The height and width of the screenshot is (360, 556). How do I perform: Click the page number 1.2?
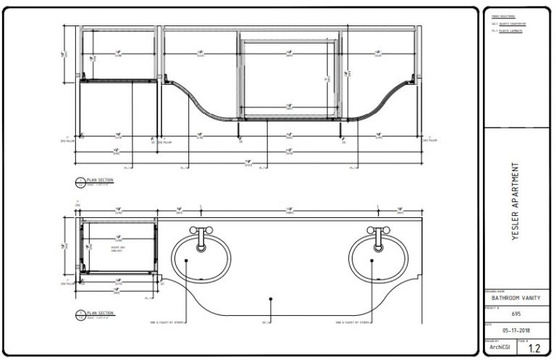534,348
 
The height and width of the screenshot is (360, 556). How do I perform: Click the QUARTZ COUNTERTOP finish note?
512,25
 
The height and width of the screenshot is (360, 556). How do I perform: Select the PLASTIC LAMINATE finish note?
510,31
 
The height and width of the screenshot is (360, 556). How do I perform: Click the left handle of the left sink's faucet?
192,230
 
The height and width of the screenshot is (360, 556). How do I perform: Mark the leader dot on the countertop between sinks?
270,298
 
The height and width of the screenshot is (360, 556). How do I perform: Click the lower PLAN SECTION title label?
100,312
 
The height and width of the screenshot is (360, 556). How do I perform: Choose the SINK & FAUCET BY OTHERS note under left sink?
164,322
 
